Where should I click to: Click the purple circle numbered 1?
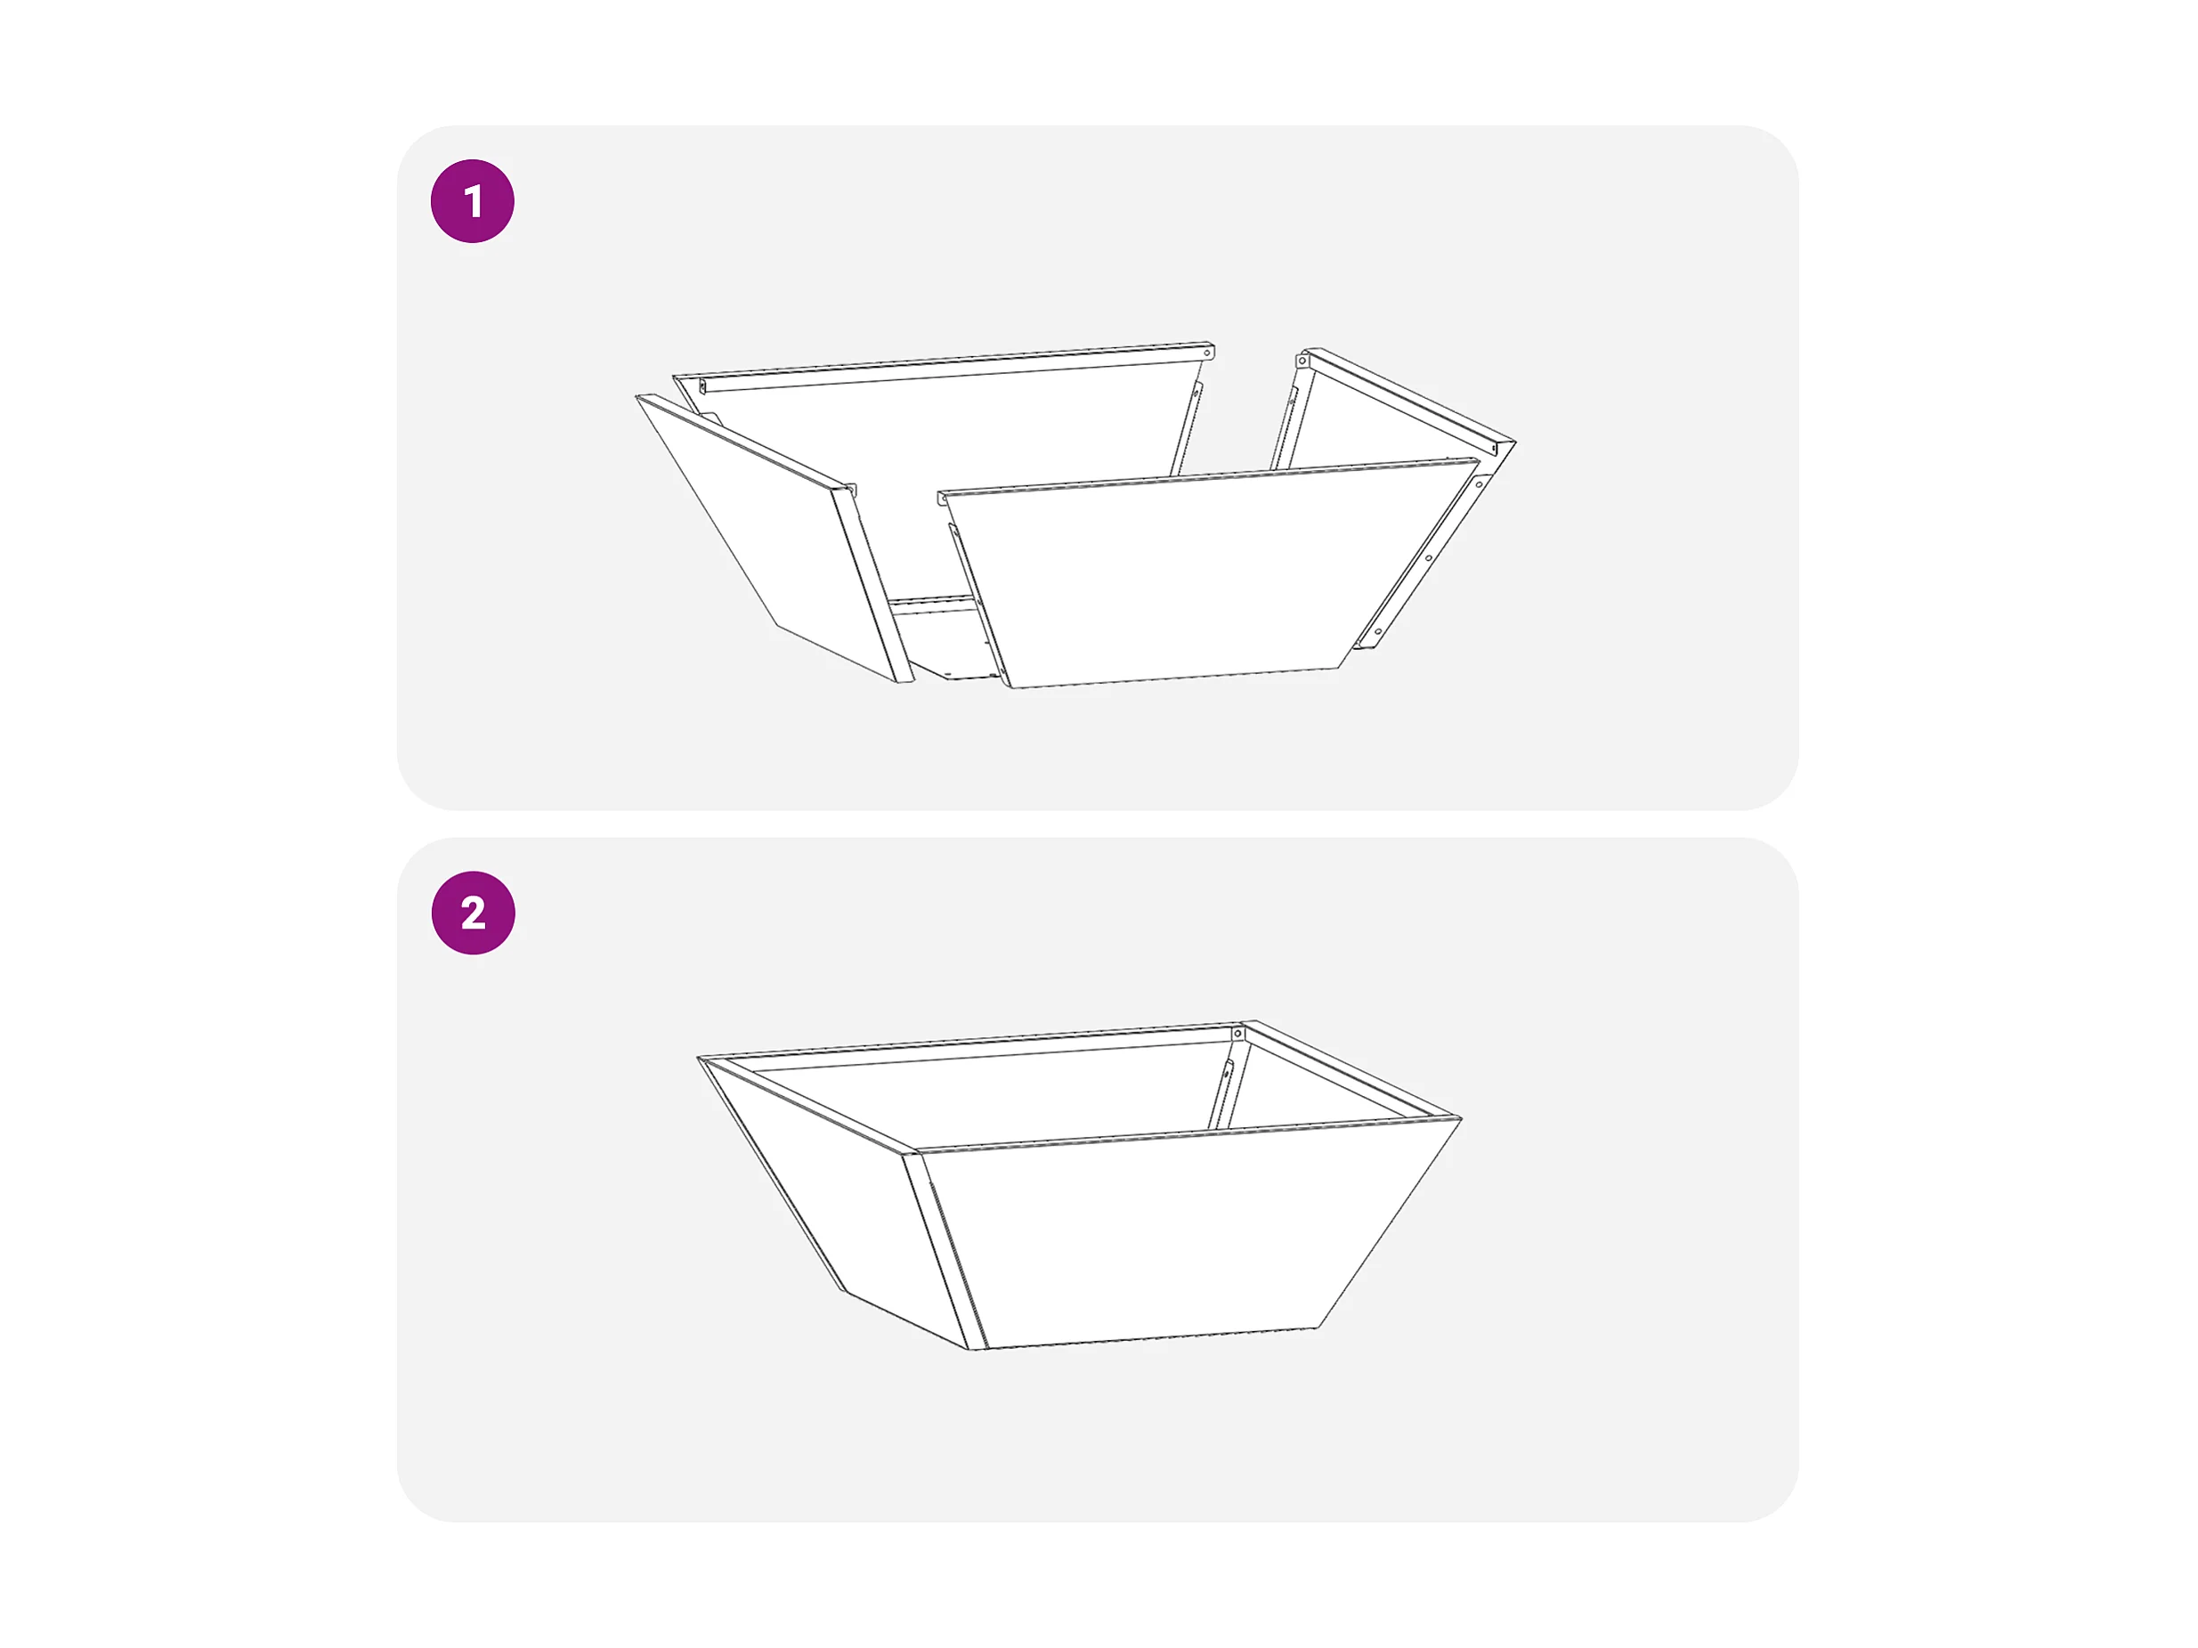472,201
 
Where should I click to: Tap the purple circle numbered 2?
473,913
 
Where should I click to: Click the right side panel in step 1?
1391,418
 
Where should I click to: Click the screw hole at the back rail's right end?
1207,352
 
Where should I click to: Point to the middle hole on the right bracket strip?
1429,557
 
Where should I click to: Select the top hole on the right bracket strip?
1480,484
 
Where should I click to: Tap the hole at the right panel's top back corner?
1302,361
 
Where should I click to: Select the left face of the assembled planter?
815,1193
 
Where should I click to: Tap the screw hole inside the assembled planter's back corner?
1237,1035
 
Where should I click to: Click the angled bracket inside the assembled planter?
1221,1093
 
